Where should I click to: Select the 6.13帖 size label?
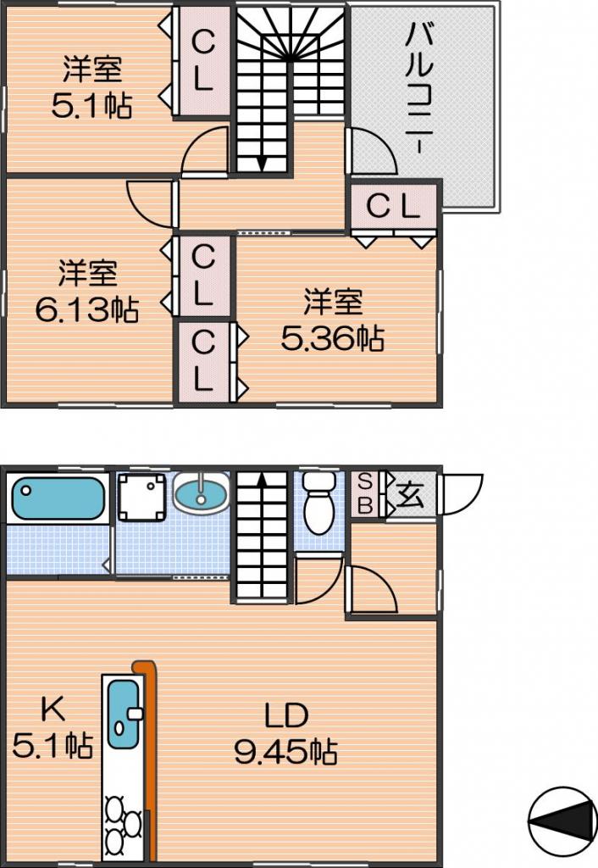click(x=87, y=309)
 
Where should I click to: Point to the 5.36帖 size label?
click(x=333, y=338)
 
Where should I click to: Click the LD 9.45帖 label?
click(x=286, y=733)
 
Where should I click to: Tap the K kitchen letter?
click(x=54, y=708)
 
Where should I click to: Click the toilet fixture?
click(x=318, y=502)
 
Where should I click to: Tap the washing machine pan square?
click(x=142, y=497)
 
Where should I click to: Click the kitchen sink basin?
click(x=124, y=714)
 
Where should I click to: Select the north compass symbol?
click(x=562, y=818)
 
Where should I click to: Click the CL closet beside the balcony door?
click(x=393, y=207)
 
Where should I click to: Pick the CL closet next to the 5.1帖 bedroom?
click(x=202, y=61)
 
